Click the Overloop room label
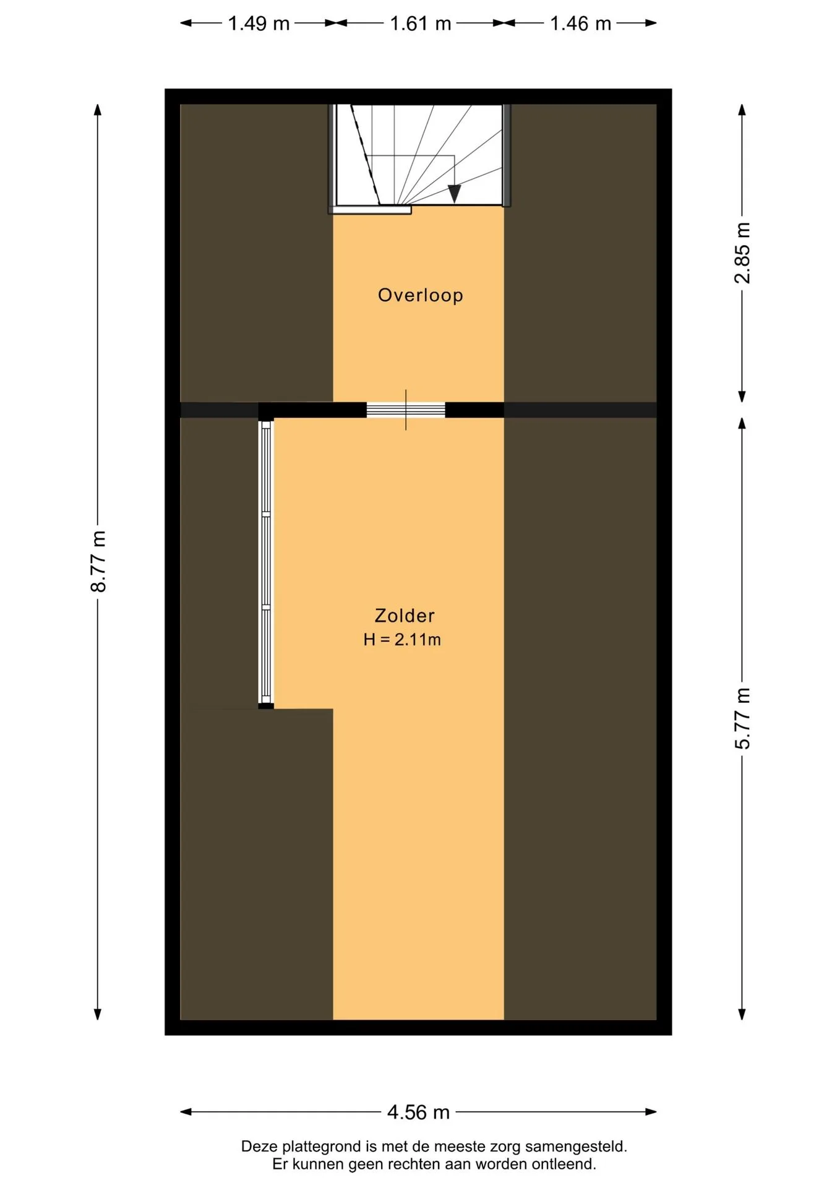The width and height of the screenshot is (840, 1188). (420, 295)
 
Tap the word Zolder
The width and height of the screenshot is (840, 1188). (405, 616)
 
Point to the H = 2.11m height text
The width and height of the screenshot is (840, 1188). (402, 640)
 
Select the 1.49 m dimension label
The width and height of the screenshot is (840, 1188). (259, 24)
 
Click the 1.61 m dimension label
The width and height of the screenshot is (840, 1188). (421, 24)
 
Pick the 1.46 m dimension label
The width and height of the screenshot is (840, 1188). (580, 24)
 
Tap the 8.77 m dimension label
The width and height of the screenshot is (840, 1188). (98, 561)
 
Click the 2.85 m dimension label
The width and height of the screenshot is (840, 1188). (742, 253)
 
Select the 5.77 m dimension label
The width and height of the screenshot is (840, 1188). (742, 718)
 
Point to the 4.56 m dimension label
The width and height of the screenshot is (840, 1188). (418, 1112)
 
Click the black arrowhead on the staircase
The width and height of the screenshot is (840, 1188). (455, 194)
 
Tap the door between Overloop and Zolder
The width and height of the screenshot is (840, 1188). (406, 410)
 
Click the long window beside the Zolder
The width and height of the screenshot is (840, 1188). (265, 562)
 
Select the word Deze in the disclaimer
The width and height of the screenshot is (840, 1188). (259, 1147)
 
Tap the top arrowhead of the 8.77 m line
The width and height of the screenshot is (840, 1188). (97, 110)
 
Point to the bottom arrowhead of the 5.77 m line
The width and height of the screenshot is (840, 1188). (742, 1014)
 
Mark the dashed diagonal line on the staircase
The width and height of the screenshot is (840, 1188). (365, 154)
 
